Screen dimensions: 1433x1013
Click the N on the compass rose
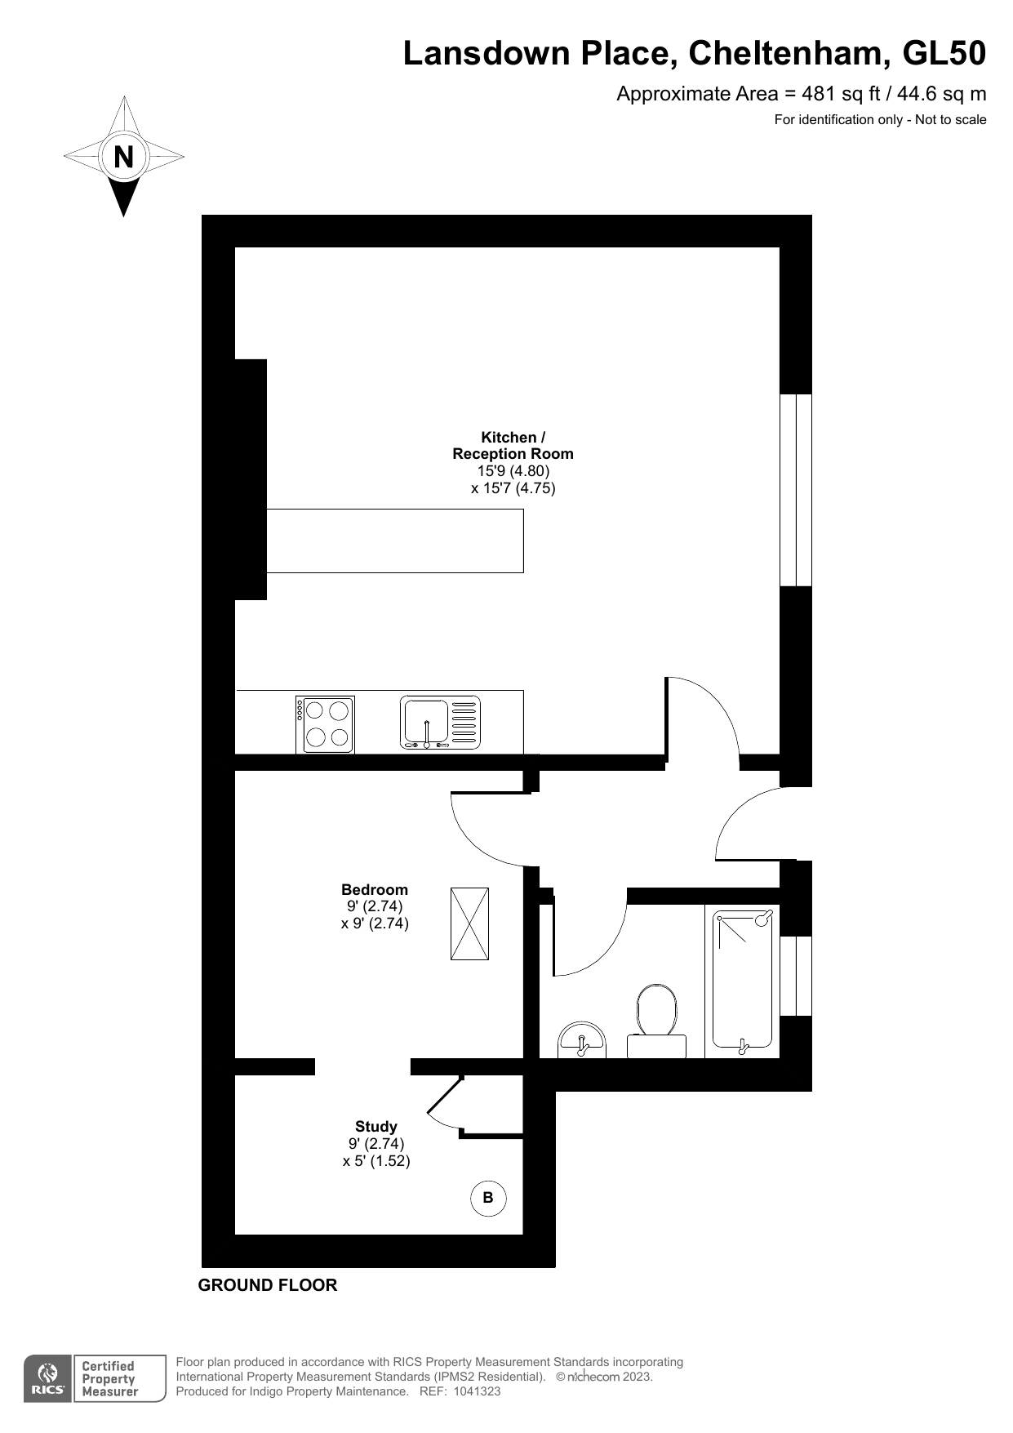click(x=123, y=156)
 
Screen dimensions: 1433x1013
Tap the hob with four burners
click(x=325, y=724)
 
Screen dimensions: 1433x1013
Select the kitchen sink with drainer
click(x=440, y=723)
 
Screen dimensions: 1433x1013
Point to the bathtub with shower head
click(x=742, y=980)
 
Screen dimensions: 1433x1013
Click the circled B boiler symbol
click(x=488, y=1198)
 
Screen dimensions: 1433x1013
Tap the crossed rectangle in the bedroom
click(x=469, y=923)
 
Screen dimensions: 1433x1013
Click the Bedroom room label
click(x=375, y=890)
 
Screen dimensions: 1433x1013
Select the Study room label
click(x=375, y=1127)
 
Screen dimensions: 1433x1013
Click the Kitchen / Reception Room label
click(x=513, y=446)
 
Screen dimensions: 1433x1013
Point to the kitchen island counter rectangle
click(x=395, y=541)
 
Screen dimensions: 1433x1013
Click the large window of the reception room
click(x=796, y=490)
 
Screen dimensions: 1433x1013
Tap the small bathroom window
click(x=796, y=976)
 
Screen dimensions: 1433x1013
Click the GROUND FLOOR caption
click(x=268, y=1285)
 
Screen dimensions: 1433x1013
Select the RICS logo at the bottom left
click(x=47, y=1379)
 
